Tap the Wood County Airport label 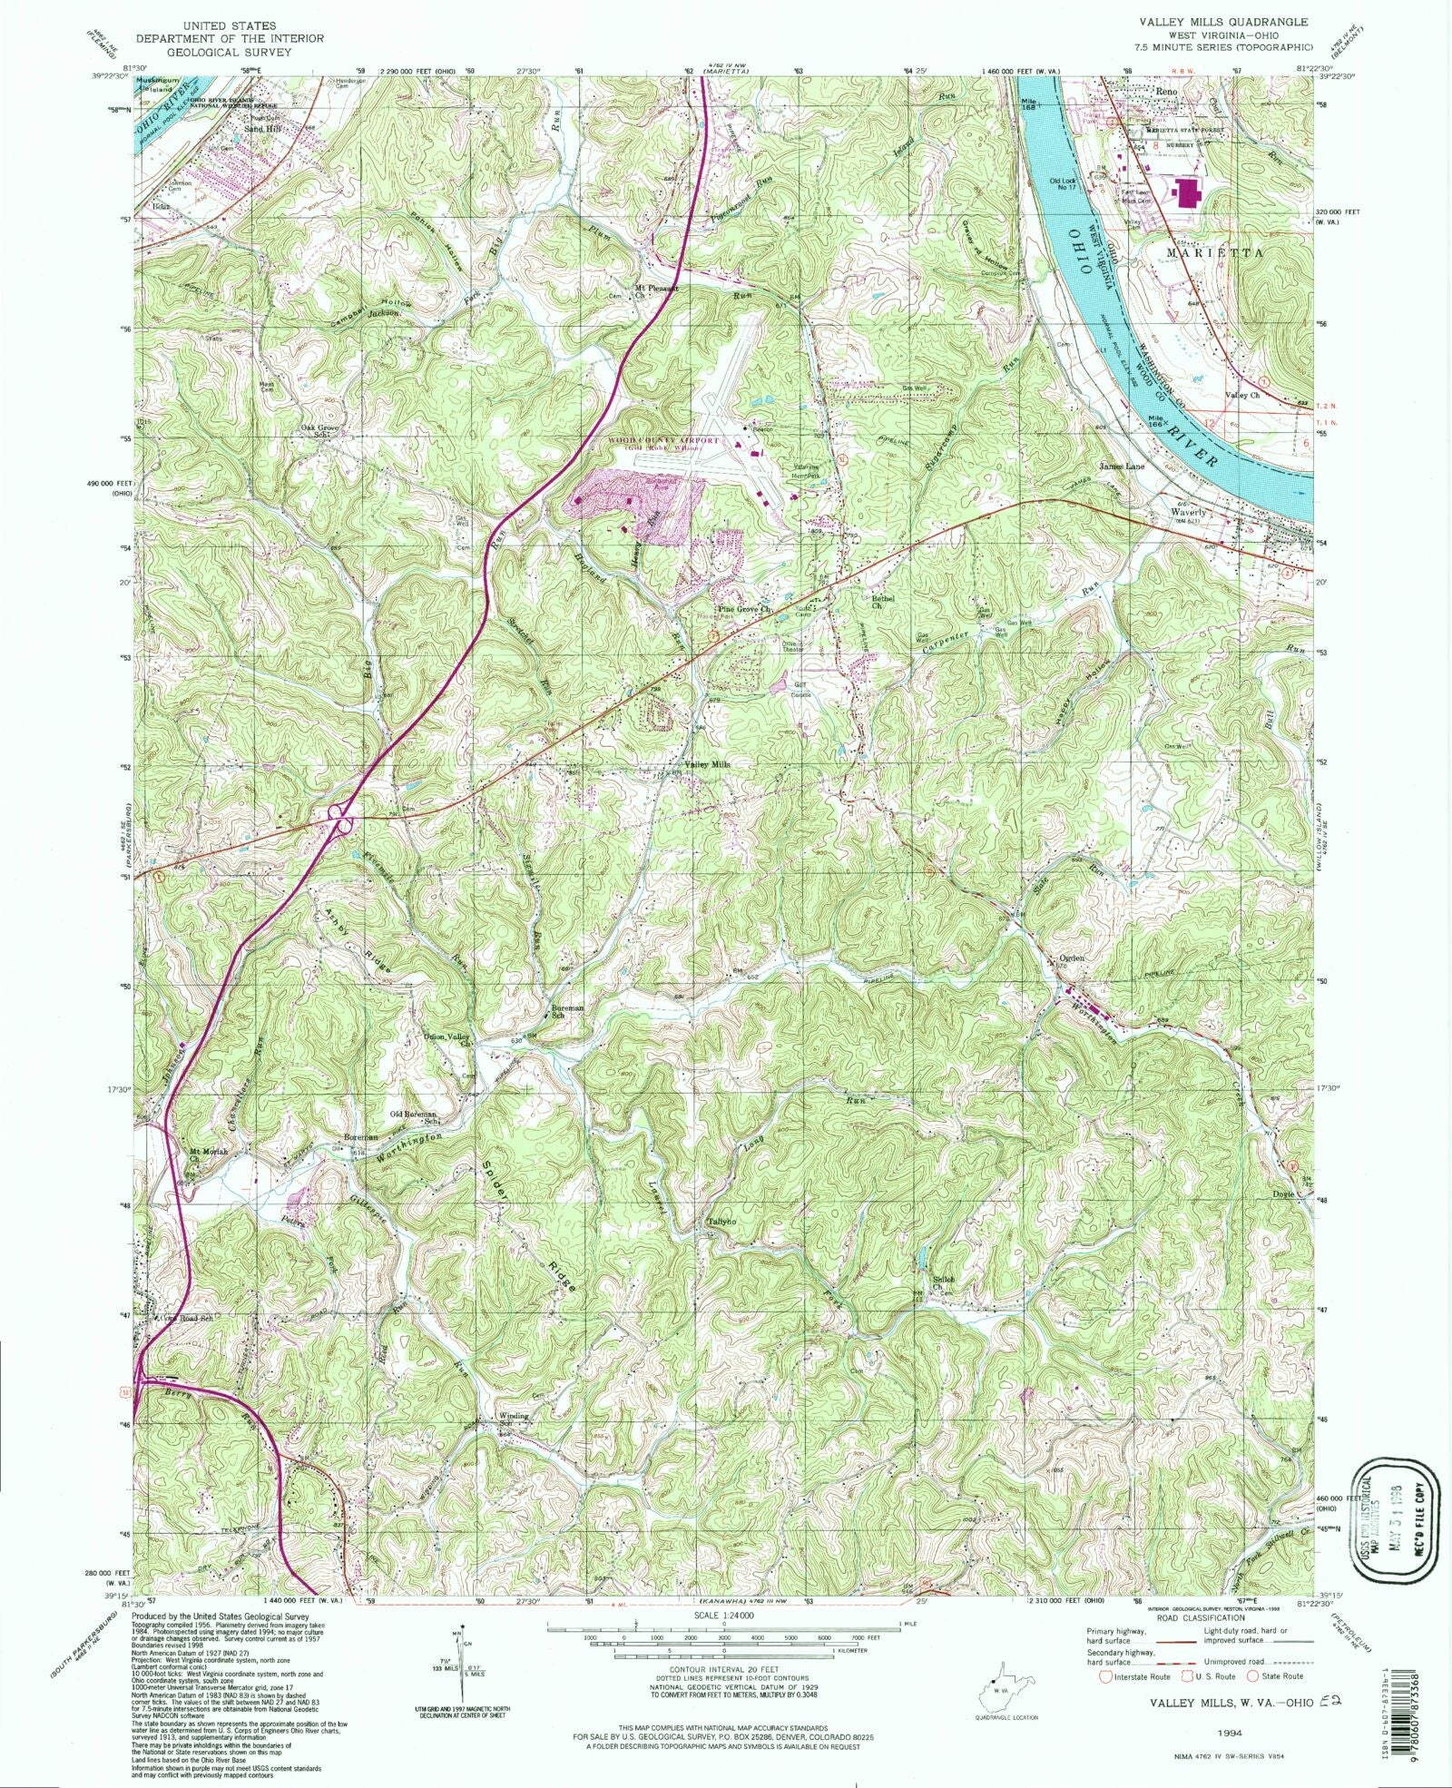coord(656,440)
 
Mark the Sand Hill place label coord(264,129)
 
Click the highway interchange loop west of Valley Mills coord(342,816)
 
